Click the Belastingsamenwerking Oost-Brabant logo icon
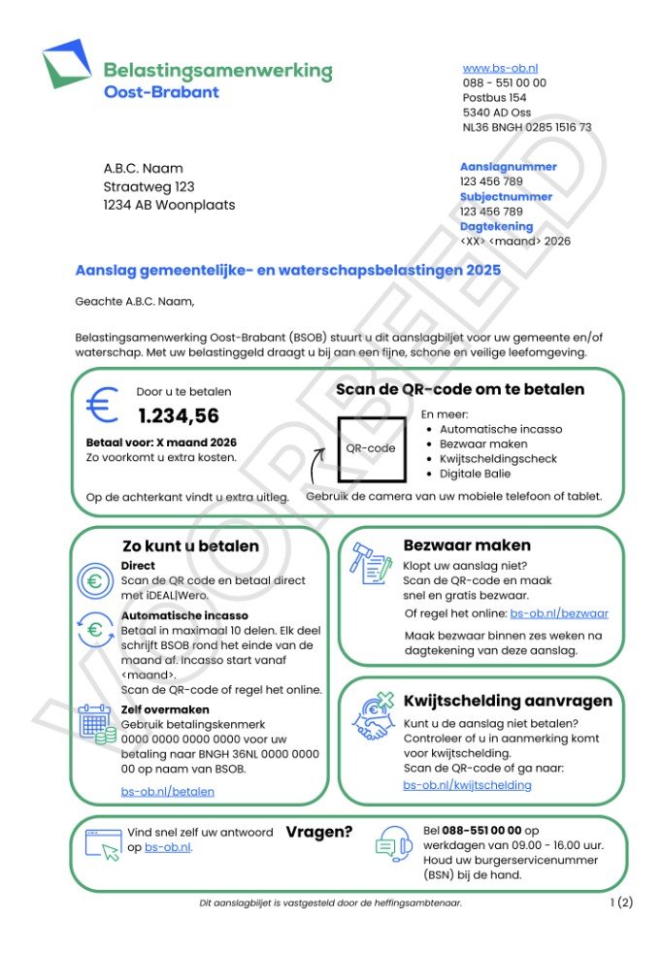click(x=66, y=64)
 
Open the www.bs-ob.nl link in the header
click(x=500, y=68)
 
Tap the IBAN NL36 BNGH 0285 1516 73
click(x=526, y=127)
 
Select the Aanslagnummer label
click(x=508, y=167)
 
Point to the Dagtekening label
click(x=496, y=227)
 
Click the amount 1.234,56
click(x=179, y=416)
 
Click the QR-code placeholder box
click(x=371, y=448)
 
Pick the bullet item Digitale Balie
click(x=480, y=475)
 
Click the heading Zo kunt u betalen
click(x=190, y=545)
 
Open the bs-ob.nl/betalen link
click(x=168, y=792)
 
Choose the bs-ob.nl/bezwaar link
click(x=559, y=613)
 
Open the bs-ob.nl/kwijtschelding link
click(x=467, y=784)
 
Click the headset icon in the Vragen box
click(x=393, y=844)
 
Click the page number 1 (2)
click(x=621, y=902)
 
